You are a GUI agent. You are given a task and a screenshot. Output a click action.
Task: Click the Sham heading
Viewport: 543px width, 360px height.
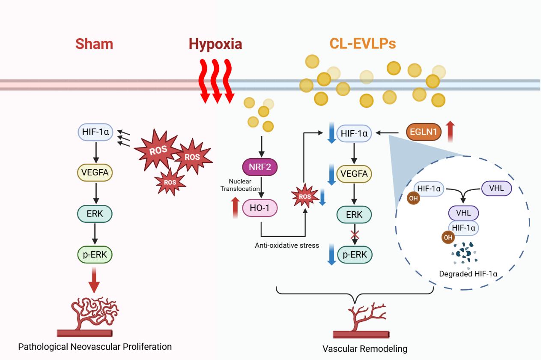click(x=94, y=44)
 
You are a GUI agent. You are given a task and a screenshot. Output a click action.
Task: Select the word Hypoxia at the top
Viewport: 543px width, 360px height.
click(x=215, y=44)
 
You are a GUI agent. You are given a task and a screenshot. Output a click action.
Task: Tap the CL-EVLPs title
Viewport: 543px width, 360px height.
click(x=362, y=44)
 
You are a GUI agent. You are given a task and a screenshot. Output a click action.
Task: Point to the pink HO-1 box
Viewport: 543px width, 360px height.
click(x=260, y=208)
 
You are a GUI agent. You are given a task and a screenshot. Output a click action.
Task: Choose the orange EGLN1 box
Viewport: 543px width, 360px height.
click(x=424, y=132)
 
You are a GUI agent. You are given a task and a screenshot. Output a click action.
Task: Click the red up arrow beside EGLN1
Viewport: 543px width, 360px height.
click(x=450, y=131)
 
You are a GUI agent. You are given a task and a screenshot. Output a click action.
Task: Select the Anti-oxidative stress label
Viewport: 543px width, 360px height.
click(x=287, y=246)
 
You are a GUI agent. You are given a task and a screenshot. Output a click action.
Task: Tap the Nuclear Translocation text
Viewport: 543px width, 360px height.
click(x=240, y=185)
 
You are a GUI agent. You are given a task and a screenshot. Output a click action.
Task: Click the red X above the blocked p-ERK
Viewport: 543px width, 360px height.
click(x=354, y=234)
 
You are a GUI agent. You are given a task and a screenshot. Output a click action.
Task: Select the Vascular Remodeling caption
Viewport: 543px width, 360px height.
click(x=364, y=348)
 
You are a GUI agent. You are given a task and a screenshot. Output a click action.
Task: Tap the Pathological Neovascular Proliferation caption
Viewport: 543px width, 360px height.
click(x=95, y=347)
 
